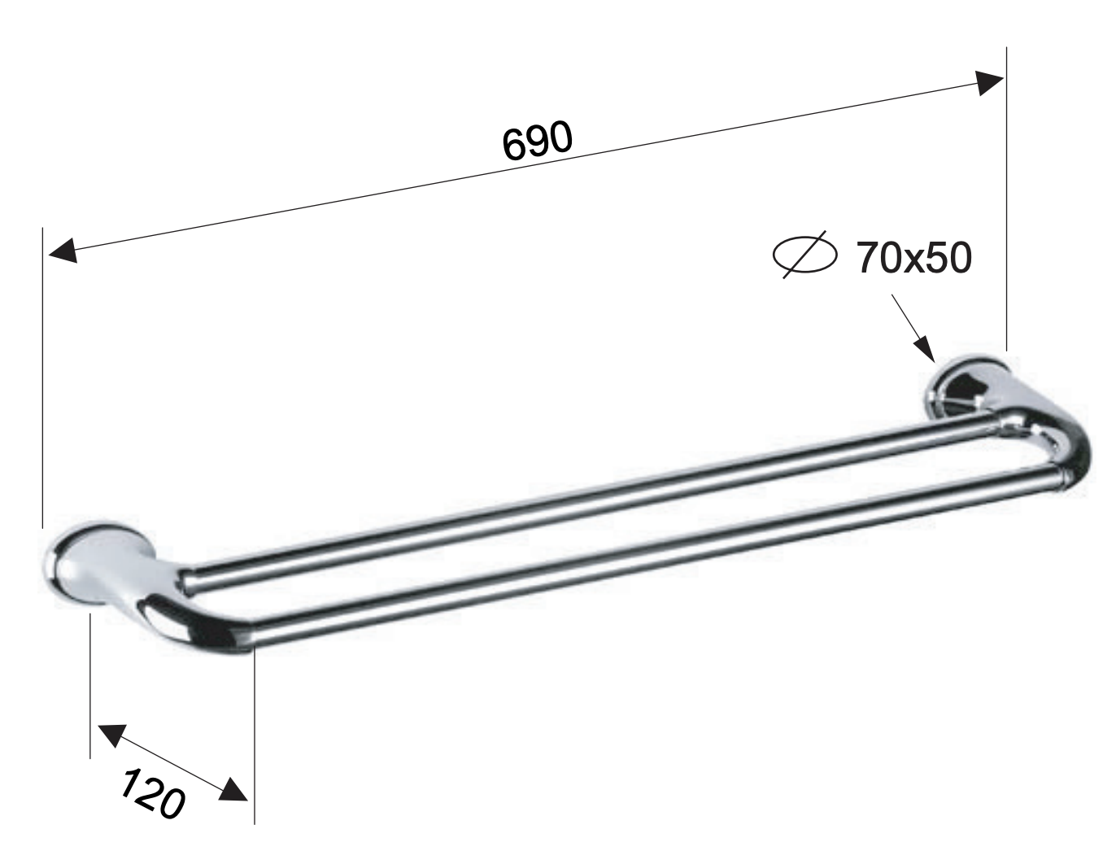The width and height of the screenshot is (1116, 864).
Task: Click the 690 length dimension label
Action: [x=537, y=140]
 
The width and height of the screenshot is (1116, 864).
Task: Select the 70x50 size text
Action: [x=913, y=258]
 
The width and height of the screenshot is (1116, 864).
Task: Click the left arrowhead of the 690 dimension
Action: [x=63, y=250]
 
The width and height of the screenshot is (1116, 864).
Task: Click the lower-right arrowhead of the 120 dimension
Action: [x=233, y=789]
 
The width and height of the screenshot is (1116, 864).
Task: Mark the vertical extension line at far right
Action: [x=1007, y=203]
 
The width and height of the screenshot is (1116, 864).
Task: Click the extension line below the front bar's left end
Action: [x=255, y=732]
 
